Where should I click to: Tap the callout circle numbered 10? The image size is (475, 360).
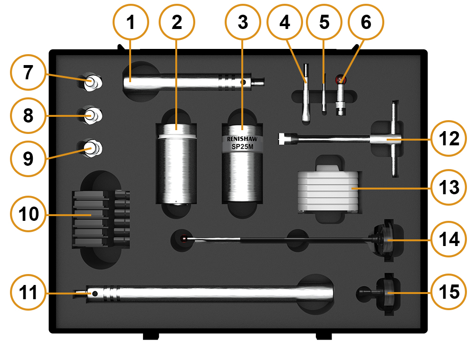(28, 214)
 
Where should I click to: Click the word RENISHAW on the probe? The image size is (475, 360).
(242, 140)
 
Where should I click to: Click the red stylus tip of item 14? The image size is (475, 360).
(184, 238)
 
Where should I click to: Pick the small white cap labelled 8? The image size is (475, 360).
(91, 114)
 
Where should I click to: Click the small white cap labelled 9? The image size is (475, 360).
(91, 148)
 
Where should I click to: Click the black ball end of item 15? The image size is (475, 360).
(363, 292)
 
